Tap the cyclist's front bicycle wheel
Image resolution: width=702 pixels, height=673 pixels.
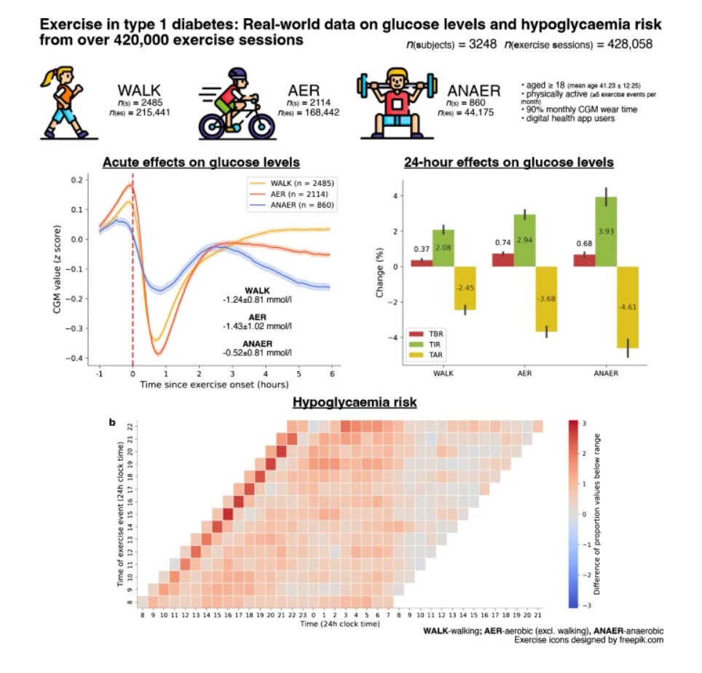(253, 123)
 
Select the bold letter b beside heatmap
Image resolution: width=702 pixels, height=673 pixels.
(111, 421)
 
